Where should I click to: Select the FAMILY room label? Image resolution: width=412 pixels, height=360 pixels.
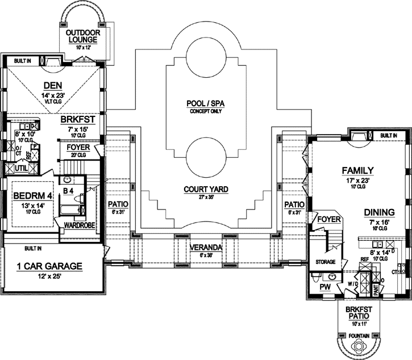pos(357,170)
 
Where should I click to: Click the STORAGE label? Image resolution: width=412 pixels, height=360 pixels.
pos(325,262)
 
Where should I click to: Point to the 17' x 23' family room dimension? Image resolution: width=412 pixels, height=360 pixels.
pos(357,179)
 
